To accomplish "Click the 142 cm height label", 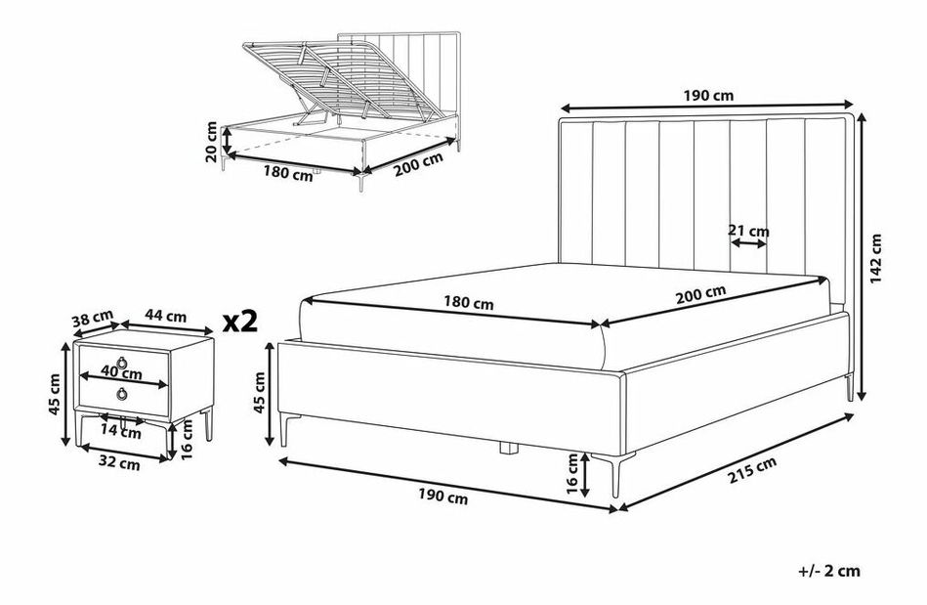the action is click(876, 258).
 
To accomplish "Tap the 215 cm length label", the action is click(752, 471).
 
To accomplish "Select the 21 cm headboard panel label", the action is click(748, 231).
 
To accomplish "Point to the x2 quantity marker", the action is click(240, 322).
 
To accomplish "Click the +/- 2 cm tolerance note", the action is click(828, 572).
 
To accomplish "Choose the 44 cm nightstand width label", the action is click(166, 317).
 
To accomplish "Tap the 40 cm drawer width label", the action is click(122, 373).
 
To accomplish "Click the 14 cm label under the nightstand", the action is click(121, 432).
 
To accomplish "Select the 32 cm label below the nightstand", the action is click(119, 463).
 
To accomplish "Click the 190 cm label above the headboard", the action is click(708, 95).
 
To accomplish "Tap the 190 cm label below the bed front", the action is click(442, 497).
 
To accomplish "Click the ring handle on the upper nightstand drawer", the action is click(122, 362).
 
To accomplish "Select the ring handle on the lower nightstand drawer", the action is click(122, 394).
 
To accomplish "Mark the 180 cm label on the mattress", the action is click(468, 303).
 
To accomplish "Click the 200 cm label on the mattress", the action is click(700, 294).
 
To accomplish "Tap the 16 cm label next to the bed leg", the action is click(571, 473).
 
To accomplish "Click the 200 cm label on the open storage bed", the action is click(418, 165).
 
